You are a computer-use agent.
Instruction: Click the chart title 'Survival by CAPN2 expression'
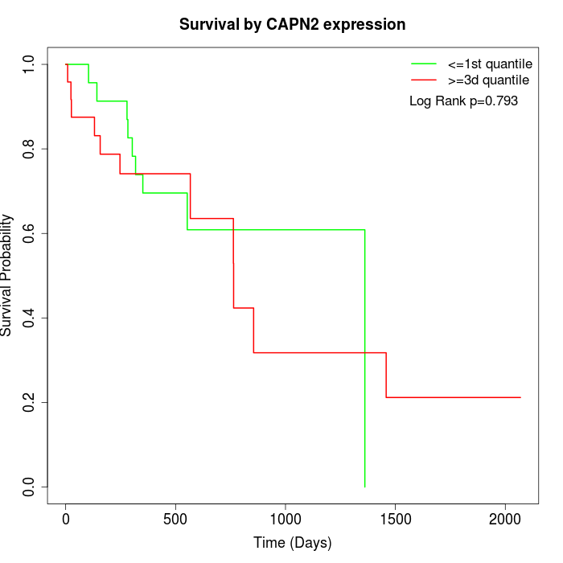(292, 25)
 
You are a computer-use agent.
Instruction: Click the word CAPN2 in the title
(290, 25)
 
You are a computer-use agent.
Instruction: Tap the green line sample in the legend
(423, 64)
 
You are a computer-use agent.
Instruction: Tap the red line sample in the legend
(423, 80)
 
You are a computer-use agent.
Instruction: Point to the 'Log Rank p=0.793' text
(463, 101)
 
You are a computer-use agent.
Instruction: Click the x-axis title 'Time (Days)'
(292, 543)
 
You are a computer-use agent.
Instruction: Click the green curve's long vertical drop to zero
(365, 362)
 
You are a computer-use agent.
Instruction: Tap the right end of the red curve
(520, 397)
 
